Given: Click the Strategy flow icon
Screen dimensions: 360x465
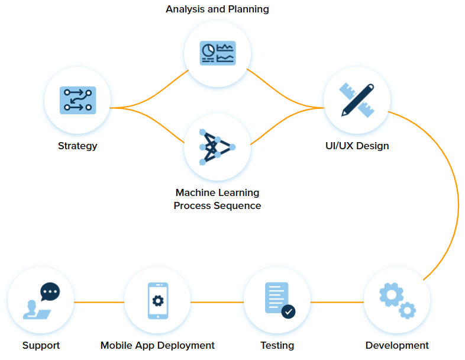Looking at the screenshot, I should click(77, 99).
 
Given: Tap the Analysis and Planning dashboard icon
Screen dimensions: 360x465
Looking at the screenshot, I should click(218, 53).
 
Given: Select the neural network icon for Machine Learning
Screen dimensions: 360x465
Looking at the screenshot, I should click(217, 147).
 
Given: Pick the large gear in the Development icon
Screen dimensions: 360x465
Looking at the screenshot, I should click(391, 294).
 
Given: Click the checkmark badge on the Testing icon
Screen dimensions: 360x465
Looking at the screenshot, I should click(288, 311).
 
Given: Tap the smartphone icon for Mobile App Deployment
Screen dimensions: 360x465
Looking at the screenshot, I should click(158, 300).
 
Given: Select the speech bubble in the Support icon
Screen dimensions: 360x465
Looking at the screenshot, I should click(50, 291).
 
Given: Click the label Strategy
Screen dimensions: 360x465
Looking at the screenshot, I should click(77, 146).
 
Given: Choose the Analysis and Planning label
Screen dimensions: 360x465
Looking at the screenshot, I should click(217, 9).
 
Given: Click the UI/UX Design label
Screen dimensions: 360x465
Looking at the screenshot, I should click(357, 146).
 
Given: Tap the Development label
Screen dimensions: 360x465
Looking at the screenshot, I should click(397, 345).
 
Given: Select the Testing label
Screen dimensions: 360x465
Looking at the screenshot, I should click(277, 345).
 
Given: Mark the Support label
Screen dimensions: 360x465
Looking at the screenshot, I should click(41, 345).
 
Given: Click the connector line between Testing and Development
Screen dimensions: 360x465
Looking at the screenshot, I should click(337, 302).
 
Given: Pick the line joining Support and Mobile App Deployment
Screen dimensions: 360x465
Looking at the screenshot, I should click(99, 302).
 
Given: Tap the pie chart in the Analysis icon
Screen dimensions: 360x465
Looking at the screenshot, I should click(208, 51).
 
